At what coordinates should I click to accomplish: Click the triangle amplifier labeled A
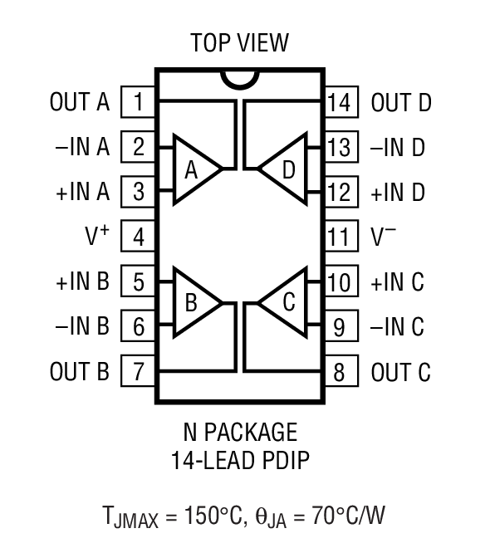click(194, 170)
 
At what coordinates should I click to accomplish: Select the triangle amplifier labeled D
click(285, 170)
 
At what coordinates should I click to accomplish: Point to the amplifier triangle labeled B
click(194, 303)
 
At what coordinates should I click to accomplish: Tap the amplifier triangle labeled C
click(285, 303)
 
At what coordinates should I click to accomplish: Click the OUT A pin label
click(80, 103)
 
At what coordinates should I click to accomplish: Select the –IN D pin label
click(398, 148)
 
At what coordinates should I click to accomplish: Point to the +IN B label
click(83, 281)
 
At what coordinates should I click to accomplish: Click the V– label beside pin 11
click(384, 237)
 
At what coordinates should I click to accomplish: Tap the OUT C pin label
click(401, 371)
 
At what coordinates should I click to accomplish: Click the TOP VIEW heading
click(240, 42)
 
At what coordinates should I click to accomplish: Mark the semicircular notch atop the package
click(240, 80)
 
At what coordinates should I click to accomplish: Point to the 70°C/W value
click(349, 516)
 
